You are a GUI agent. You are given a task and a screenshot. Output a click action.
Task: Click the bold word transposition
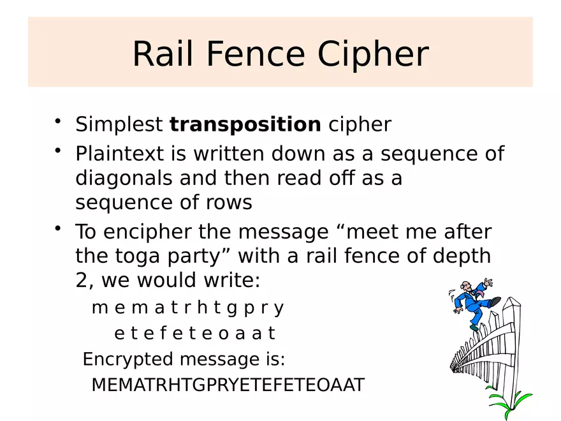click(x=245, y=124)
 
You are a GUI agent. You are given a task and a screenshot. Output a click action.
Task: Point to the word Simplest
click(x=119, y=124)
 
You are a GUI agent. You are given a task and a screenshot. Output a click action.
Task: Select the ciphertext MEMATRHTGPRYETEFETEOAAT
click(x=228, y=385)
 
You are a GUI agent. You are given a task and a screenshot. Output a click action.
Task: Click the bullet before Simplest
click(x=58, y=121)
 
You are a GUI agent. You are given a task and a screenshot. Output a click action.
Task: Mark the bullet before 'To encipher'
click(x=58, y=228)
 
